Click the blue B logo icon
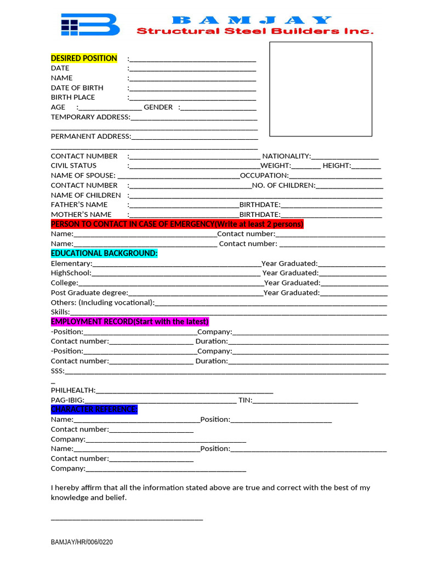coord(90,25)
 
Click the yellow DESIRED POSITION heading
coord(84,58)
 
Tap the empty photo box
coord(321,89)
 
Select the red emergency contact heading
coord(177,224)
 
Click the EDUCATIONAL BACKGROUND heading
coord(104,253)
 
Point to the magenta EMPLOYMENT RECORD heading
coord(130,322)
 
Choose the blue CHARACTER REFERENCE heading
coord(94,409)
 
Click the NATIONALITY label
coord(286,156)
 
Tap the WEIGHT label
coord(275,165)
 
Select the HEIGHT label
coord(337,165)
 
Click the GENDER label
coord(158,107)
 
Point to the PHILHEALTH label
coord(73,390)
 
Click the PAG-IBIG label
coord(67,400)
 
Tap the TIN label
coord(244,400)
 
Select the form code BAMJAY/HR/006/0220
coord(82,542)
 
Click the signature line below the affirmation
coord(127,519)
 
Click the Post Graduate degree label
coord(89,293)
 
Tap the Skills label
coord(60,312)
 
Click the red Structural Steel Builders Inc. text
coord(255,31)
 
